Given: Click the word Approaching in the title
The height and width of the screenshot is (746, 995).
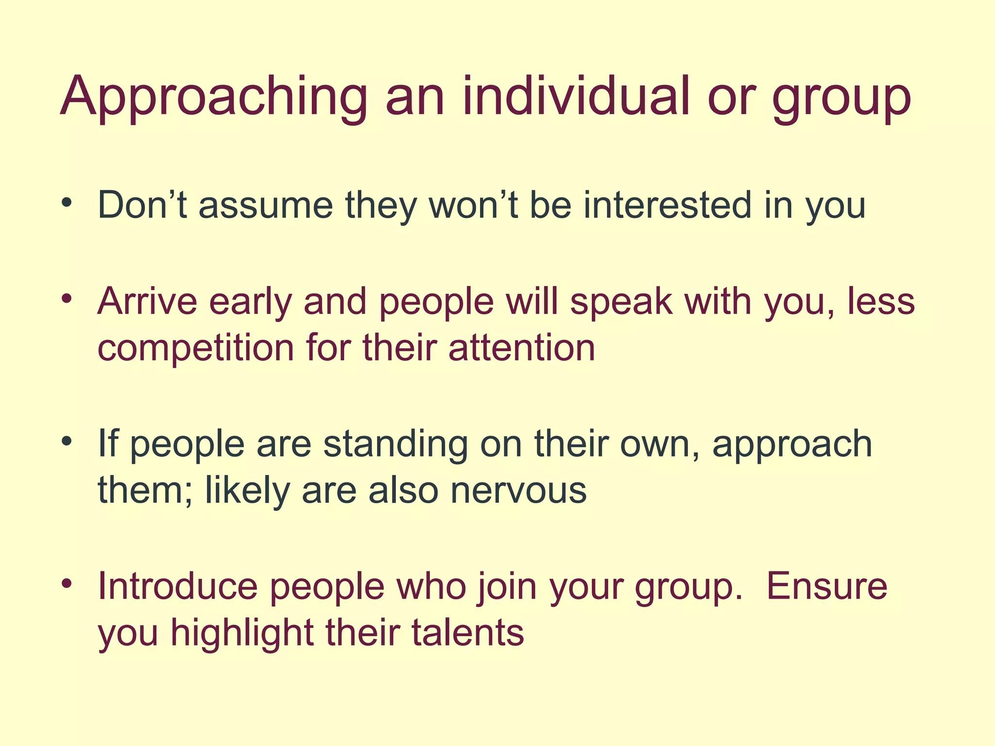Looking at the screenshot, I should [x=214, y=97].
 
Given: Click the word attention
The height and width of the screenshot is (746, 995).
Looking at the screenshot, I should [x=522, y=348].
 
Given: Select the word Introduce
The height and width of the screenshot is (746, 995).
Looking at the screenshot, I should [x=177, y=586].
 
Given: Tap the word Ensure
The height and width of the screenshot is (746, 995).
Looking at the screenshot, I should [x=826, y=586].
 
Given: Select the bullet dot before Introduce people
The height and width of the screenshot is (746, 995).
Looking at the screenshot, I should [x=67, y=583].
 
